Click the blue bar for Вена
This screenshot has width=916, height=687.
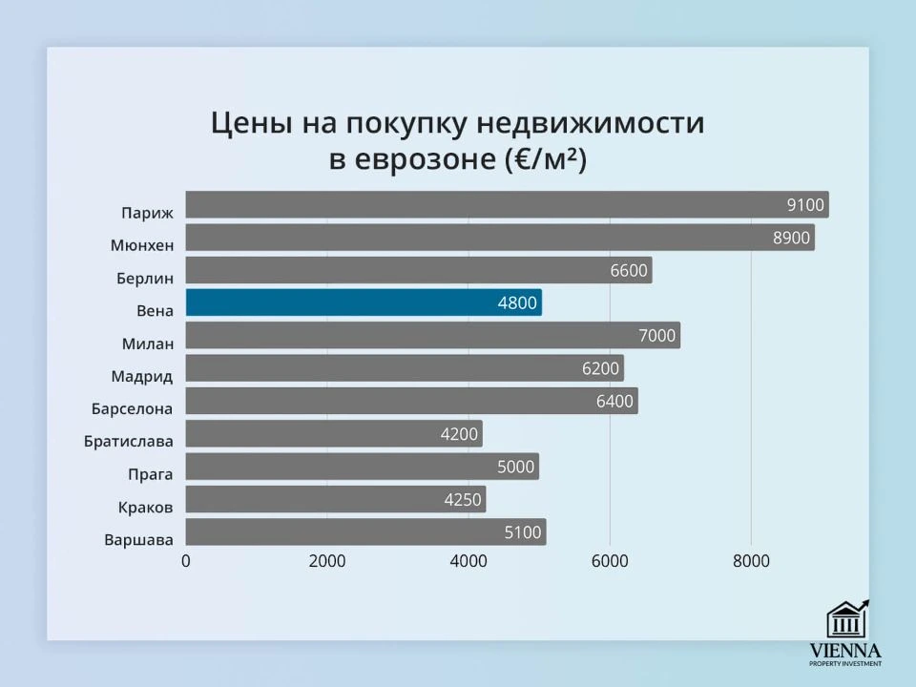(x=363, y=302)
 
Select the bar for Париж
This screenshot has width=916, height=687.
(x=506, y=204)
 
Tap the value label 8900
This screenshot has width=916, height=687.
(x=792, y=238)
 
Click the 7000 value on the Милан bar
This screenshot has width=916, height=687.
(x=656, y=336)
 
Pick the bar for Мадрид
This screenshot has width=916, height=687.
(x=404, y=368)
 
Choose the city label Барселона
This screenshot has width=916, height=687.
(x=132, y=408)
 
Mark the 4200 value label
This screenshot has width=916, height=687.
(x=459, y=434)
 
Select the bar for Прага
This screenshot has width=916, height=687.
(x=362, y=467)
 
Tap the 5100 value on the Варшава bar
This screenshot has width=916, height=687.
(x=522, y=532)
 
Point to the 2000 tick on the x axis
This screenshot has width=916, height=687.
(x=326, y=562)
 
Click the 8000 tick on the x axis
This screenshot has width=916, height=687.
(x=751, y=562)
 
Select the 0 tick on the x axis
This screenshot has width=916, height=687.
(x=186, y=562)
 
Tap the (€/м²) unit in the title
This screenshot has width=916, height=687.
(x=546, y=159)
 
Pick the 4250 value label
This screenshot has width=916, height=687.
(x=462, y=500)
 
